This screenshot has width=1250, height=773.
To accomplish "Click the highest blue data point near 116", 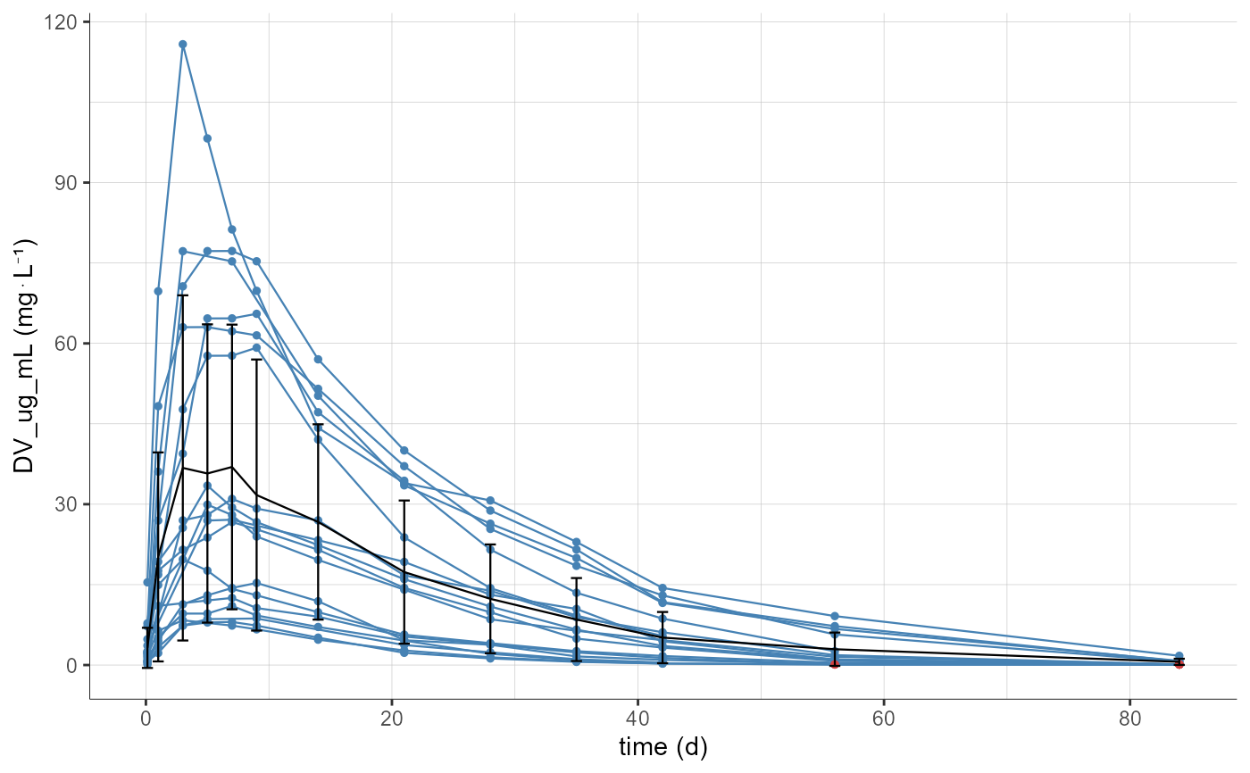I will click(x=182, y=44).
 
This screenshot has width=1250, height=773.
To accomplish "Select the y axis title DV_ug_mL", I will click(x=25, y=357).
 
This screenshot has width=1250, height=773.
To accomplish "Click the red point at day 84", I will click(x=1179, y=664).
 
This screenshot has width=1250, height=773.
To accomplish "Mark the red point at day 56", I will click(x=835, y=664).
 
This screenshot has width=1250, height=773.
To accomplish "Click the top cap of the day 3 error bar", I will click(x=182, y=295).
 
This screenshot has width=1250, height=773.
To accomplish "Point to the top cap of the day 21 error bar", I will click(x=404, y=501).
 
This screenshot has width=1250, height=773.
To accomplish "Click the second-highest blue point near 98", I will click(x=207, y=138).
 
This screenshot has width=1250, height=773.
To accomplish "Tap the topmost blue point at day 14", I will click(x=318, y=359).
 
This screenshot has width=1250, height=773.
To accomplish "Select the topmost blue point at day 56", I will click(x=835, y=616).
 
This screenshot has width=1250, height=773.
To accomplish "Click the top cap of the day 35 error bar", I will click(x=576, y=578).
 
